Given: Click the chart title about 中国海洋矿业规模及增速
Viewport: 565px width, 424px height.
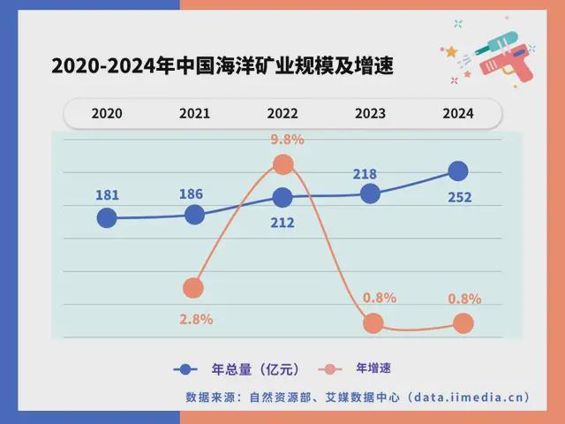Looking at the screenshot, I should tap(222, 65).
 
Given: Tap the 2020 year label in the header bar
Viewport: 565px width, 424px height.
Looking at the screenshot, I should tap(107, 114).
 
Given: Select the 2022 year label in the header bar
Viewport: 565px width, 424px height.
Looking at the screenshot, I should tap(282, 114).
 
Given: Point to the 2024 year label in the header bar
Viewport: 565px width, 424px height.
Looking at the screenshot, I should tap(458, 114).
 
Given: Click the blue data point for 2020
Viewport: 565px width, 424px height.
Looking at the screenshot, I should tap(107, 217).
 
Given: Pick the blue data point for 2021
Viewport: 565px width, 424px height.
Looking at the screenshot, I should tap(195, 214).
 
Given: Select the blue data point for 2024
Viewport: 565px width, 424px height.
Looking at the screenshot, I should tap(457, 171).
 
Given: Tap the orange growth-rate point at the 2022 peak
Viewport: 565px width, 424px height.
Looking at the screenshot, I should tap(283, 163).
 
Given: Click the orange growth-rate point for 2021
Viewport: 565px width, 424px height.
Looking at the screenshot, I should tap(193, 288).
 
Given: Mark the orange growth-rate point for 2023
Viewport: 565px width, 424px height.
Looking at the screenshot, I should tap(373, 323).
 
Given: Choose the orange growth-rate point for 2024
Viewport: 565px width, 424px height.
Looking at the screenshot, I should tap(463, 324).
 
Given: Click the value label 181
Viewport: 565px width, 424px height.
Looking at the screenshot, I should tap(107, 195).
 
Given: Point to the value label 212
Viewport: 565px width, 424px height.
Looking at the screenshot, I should tap(282, 223).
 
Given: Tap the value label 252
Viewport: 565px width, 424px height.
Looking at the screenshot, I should tap(459, 197).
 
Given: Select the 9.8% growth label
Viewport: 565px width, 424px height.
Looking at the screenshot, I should tap(288, 139).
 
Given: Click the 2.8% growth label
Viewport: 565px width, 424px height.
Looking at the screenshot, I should tap(196, 320).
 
